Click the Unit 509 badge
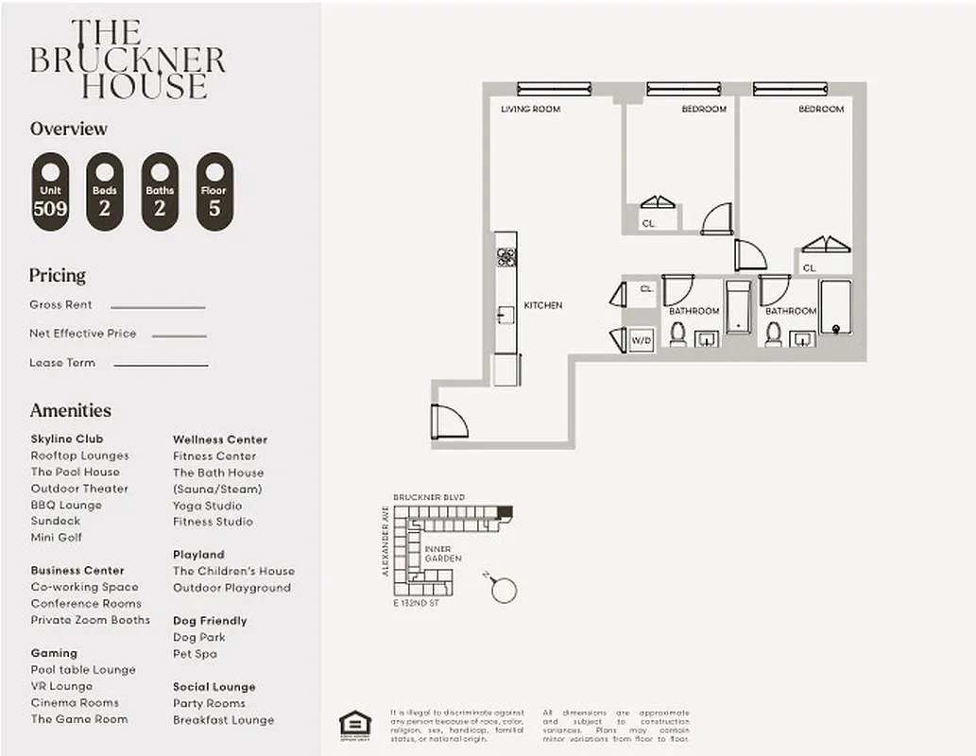pos(50,192)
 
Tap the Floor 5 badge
pos(214,192)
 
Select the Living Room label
pos(530,110)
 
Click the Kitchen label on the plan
pos(543,305)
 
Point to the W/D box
pos(642,339)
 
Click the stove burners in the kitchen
pos(506,256)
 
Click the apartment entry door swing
pos(448,421)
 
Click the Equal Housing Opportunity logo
pos(355,724)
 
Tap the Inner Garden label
pos(442,554)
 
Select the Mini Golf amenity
pos(57,538)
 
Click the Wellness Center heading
pos(219,439)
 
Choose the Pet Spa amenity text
pos(195,654)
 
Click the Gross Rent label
pos(60,305)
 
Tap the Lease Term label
pos(61,363)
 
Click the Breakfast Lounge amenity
pos(223,720)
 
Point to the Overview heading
pos(69,129)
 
